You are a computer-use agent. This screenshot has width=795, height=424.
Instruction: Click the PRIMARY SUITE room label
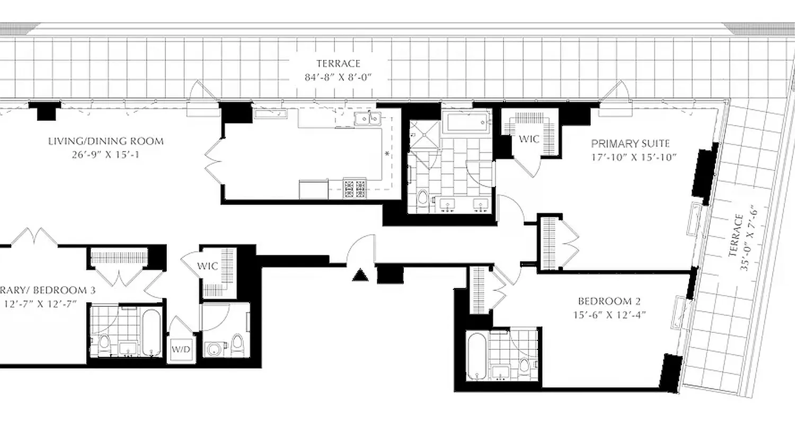[630, 144]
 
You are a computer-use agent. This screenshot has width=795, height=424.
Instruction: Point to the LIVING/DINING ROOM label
[106, 141]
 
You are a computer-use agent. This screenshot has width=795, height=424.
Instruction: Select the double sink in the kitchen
[367, 119]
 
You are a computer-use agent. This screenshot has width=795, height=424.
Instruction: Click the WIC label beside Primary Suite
[528, 139]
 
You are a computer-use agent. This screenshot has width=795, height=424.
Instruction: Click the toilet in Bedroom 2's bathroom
[525, 365]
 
